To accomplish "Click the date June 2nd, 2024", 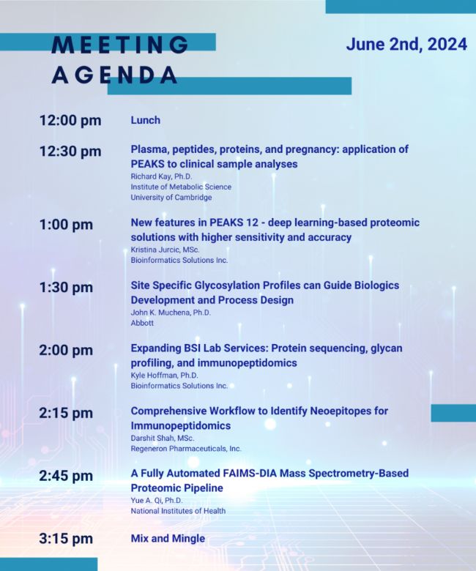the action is (406, 45).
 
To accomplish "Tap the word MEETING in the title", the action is (120, 45).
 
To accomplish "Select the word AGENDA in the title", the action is (114, 75).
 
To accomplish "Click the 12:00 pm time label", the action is (70, 120).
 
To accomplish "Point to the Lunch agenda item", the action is (145, 120).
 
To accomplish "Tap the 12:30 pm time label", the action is (70, 151).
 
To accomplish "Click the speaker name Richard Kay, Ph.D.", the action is (161, 176).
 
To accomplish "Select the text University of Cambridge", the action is (171, 198).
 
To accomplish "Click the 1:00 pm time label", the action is (66, 224).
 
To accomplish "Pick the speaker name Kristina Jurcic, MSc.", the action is (165, 250).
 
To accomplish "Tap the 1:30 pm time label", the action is (66, 287).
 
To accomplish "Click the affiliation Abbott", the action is (142, 323).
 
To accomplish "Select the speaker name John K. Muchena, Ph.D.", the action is (171, 313).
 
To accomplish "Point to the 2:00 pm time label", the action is (66, 350).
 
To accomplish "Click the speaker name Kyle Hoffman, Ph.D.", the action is (165, 375).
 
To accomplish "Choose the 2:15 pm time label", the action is (66, 413).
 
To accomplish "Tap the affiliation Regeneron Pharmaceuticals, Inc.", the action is (186, 449).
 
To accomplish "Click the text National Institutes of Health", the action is (178, 511).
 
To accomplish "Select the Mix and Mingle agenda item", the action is (168, 538).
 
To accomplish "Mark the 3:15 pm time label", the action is (66, 539).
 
